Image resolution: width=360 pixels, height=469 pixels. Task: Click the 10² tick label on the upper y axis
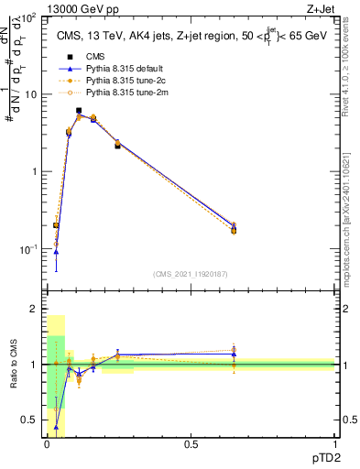27,18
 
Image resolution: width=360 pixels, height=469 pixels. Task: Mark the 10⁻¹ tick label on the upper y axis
27,249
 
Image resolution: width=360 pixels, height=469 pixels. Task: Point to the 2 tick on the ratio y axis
35,310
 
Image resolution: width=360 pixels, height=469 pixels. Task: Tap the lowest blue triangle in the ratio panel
57,427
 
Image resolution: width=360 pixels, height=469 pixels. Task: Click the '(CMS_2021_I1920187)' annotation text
191,274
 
